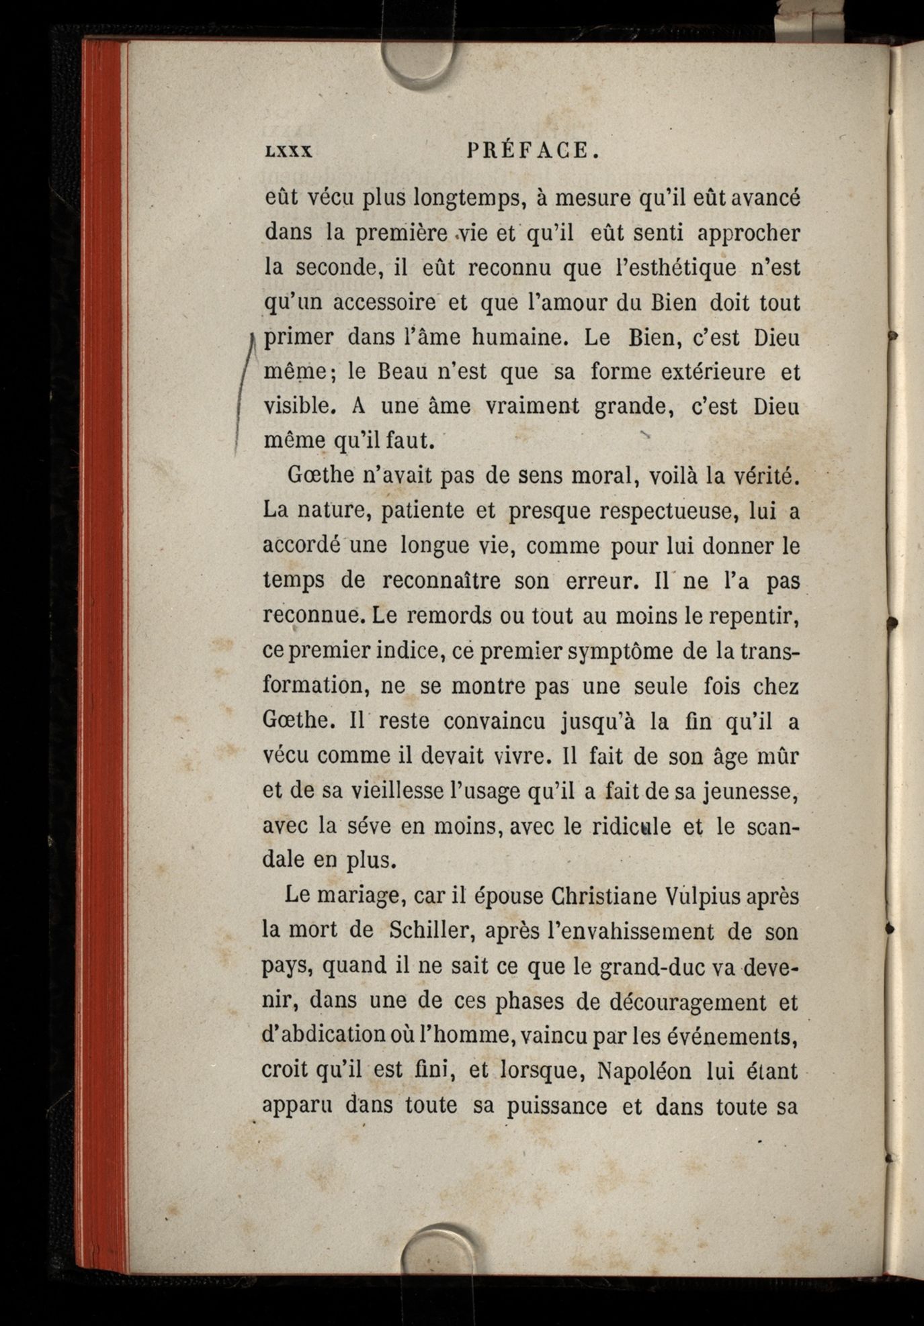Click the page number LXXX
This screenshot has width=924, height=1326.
tap(288, 152)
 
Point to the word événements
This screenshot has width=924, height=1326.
tap(731, 1036)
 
